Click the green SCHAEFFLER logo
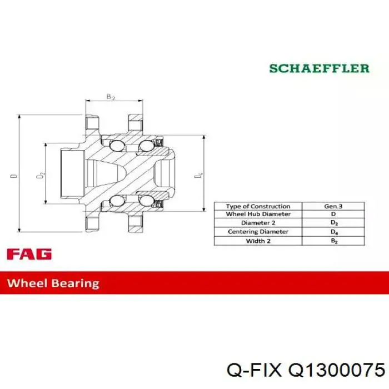[320, 68]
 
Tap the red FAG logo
[29, 254]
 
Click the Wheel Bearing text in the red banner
[53, 283]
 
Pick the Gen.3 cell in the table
[333, 206]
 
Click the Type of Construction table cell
[258, 206]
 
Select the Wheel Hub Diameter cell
[258, 214]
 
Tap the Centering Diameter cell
[258, 232]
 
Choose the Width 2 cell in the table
[258, 241]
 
